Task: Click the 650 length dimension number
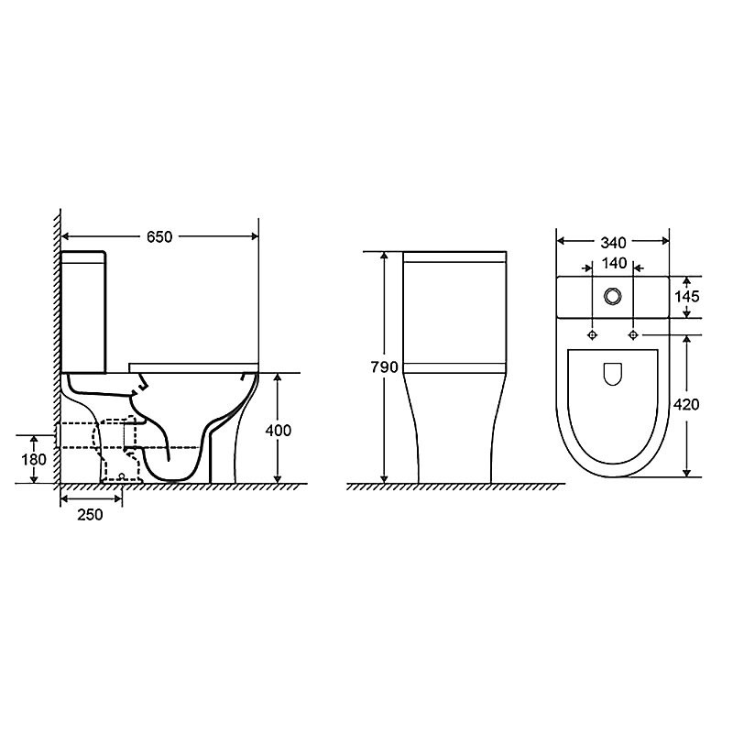pyautogui.click(x=159, y=237)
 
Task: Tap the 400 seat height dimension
pyautogui.click(x=279, y=430)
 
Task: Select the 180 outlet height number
pyautogui.click(x=34, y=460)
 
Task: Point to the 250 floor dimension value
pyautogui.click(x=90, y=515)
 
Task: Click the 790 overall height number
pyautogui.click(x=384, y=367)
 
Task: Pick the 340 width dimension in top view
pyautogui.click(x=613, y=243)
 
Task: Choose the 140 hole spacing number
pyautogui.click(x=614, y=264)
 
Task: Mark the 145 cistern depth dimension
pyautogui.click(x=686, y=296)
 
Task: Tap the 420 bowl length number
pyautogui.click(x=686, y=404)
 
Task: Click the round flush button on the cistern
pyautogui.click(x=612, y=296)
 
